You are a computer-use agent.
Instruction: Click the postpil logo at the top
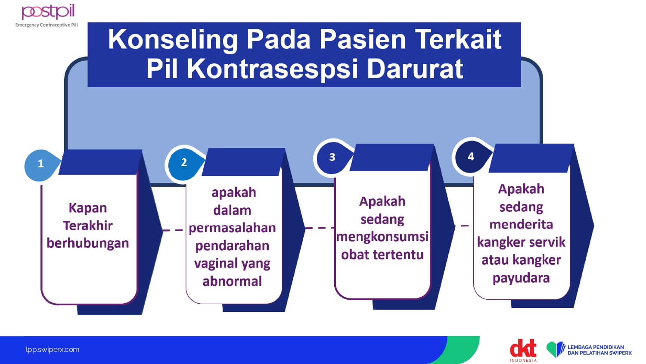coord(48,12)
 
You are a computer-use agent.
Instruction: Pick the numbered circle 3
coord(332,157)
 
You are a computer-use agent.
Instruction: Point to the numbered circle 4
coord(471,156)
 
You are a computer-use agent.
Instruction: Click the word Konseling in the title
coord(173,40)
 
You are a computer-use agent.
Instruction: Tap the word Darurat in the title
coord(415,69)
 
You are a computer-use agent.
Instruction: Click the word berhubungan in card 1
coord(88,243)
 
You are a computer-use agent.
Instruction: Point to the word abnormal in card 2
coord(232,281)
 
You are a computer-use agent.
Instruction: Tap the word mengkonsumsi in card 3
coord(382,237)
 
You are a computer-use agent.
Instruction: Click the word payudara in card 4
coord(521,278)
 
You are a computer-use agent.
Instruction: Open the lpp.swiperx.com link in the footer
coord(53,350)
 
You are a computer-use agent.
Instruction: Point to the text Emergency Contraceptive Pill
coord(47,25)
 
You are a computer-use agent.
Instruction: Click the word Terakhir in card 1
coord(88,226)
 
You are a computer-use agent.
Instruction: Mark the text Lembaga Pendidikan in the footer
coord(596,347)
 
